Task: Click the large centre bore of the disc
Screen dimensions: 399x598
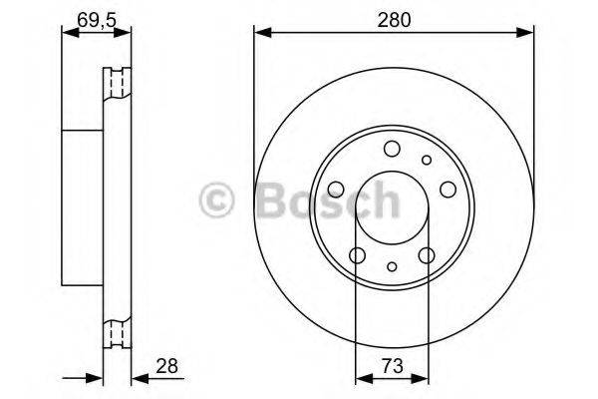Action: (x=392, y=208)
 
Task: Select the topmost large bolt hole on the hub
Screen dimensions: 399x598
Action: (x=392, y=150)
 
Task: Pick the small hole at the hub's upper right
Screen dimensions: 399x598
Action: (x=427, y=160)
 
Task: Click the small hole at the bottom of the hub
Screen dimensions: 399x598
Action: (x=392, y=267)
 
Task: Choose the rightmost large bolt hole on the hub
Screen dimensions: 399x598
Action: (x=447, y=189)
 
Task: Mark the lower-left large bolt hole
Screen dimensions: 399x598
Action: (x=358, y=255)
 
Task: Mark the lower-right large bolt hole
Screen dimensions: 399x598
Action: (x=427, y=255)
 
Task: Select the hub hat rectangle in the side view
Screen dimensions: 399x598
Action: (x=84, y=208)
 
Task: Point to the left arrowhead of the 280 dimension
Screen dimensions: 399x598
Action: (x=260, y=34)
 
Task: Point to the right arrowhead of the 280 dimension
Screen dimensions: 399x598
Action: (x=527, y=34)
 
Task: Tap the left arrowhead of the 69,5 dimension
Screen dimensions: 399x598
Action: (x=67, y=34)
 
